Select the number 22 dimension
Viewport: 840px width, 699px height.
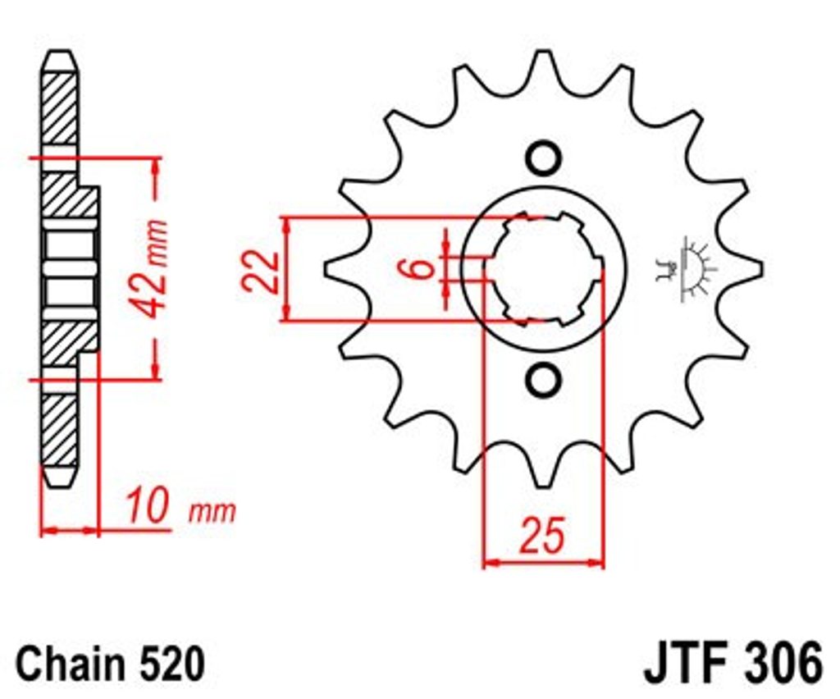[259, 271]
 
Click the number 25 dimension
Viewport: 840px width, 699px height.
[543, 535]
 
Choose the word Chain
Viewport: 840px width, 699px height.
[69, 664]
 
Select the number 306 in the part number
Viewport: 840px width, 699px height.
[781, 663]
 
